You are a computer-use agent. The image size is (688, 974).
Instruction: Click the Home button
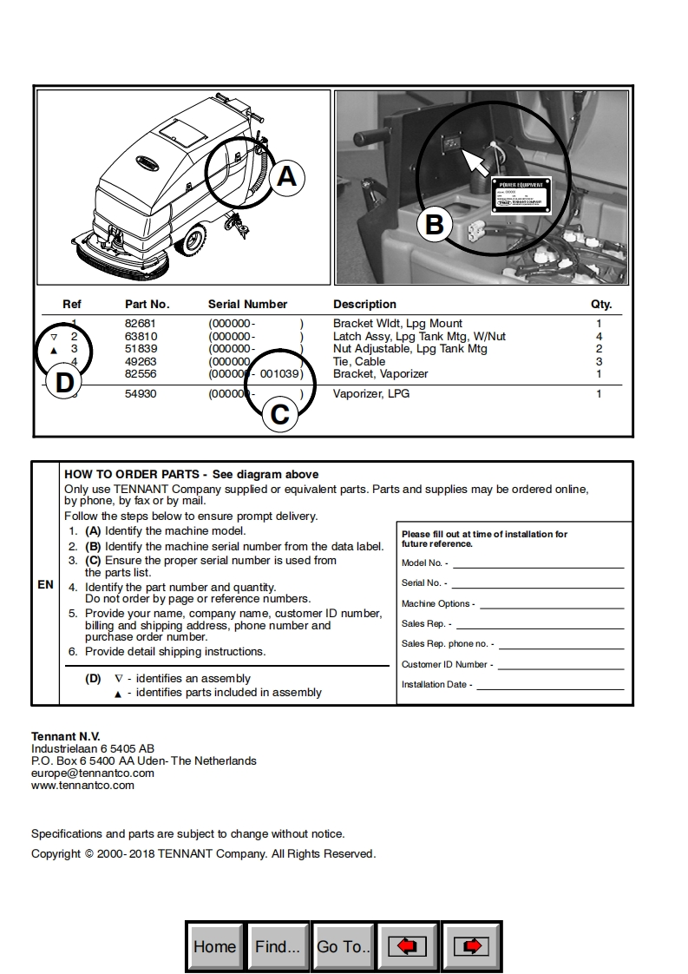pos(215,946)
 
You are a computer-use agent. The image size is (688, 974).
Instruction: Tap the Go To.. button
pos(344,946)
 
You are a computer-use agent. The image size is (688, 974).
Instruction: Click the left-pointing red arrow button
pos(407,946)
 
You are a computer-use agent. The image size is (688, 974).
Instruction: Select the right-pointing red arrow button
pos(471,946)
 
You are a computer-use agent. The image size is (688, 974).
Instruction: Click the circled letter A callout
pos(286,177)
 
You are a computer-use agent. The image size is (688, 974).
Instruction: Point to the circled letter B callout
pos(434,226)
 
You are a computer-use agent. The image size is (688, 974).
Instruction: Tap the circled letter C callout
pos(279,414)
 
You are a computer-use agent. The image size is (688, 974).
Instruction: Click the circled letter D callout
pos(64,383)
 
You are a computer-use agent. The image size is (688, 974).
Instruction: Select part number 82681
pos(141,323)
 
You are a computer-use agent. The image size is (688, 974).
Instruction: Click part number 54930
pos(141,393)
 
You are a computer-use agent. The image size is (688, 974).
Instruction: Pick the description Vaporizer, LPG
pos(371,393)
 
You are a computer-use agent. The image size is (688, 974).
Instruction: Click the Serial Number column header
pos(247,304)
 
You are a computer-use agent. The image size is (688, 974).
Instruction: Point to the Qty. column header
pos(601,304)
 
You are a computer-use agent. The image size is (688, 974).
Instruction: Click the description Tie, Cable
pos(359,361)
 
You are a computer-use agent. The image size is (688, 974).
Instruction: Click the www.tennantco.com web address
pos(83,785)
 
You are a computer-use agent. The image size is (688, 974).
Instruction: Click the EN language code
pos(45,584)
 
